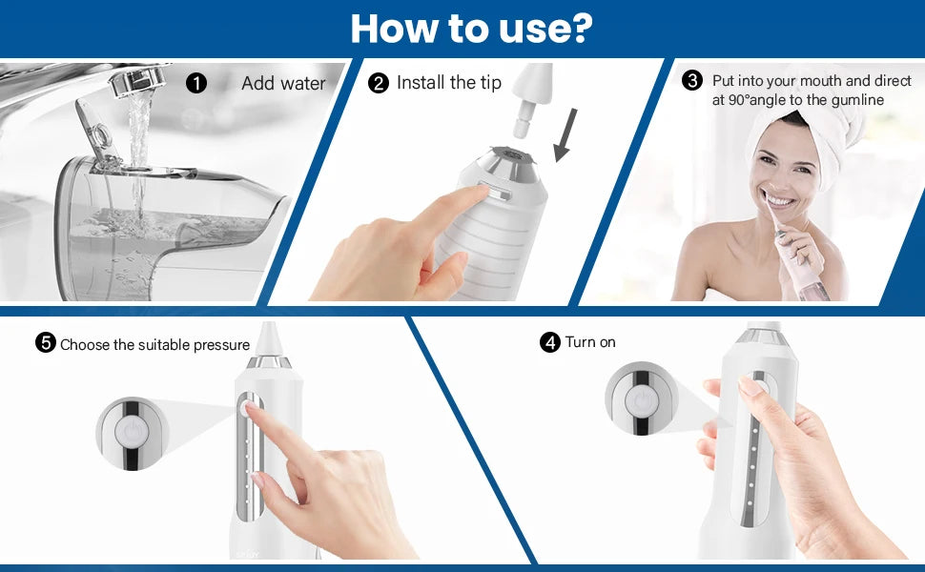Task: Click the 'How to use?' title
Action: pyautogui.click(x=471, y=29)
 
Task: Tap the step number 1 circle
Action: pyautogui.click(x=196, y=83)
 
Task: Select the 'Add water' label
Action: pyautogui.click(x=283, y=83)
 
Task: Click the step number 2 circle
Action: pyautogui.click(x=379, y=83)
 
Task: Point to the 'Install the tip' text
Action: pyautogui.click(x=448, y=83)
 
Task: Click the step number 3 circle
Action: pyautogui.click(x=693, y=81)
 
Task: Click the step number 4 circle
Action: pyautogui.click(x=549, y=342)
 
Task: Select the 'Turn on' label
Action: pyautogui.click(x=590, y=342)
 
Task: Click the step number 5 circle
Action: pyautogui.click(x=45, y=344)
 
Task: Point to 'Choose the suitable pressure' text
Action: pyautogui.click(x=154, y=345)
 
